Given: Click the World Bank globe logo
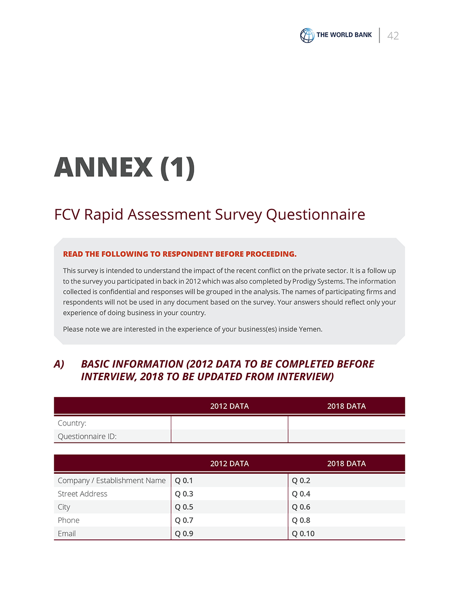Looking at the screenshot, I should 307,35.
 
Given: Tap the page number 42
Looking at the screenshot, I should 393,36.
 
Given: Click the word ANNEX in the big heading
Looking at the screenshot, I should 103,167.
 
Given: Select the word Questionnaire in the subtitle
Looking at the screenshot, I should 315,214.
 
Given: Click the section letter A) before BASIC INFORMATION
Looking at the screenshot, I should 59,364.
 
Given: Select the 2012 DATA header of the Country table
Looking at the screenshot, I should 229,406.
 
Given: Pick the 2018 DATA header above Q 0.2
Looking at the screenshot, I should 347,464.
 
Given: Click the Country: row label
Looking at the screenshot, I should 72,423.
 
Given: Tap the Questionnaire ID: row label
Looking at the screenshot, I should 87,437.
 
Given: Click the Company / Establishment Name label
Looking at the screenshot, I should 112,481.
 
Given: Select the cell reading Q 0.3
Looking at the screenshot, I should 184,494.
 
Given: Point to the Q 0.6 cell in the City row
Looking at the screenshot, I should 301,507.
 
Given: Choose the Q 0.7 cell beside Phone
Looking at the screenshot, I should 184,521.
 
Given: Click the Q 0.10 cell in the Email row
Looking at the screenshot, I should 303,534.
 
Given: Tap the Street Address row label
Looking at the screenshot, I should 83,494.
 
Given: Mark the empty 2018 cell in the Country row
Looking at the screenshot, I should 347,423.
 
